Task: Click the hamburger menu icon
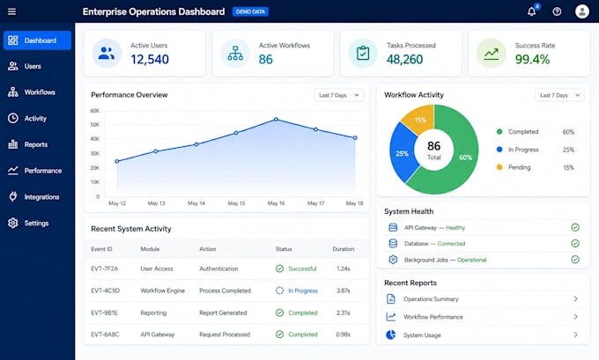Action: coord(11,11)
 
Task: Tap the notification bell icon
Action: coord(531,11)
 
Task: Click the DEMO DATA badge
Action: coord(250,11)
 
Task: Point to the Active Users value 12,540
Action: coord(150,59)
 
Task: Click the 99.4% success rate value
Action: coord(533,59)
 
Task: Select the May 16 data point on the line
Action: coord(276,120)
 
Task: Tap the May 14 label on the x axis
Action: coord(196,203)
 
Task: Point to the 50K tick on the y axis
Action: coord(95,125)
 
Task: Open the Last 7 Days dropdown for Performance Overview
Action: coord(339,95)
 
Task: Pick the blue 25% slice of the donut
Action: coord(402,152)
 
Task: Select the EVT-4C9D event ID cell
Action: coord(106,290)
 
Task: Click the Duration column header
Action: coord(343,249)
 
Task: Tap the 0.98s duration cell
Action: coord(344,334)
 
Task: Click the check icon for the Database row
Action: coord(575,244)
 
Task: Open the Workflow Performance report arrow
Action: coord(575,317)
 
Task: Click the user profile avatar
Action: coord(581,11)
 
